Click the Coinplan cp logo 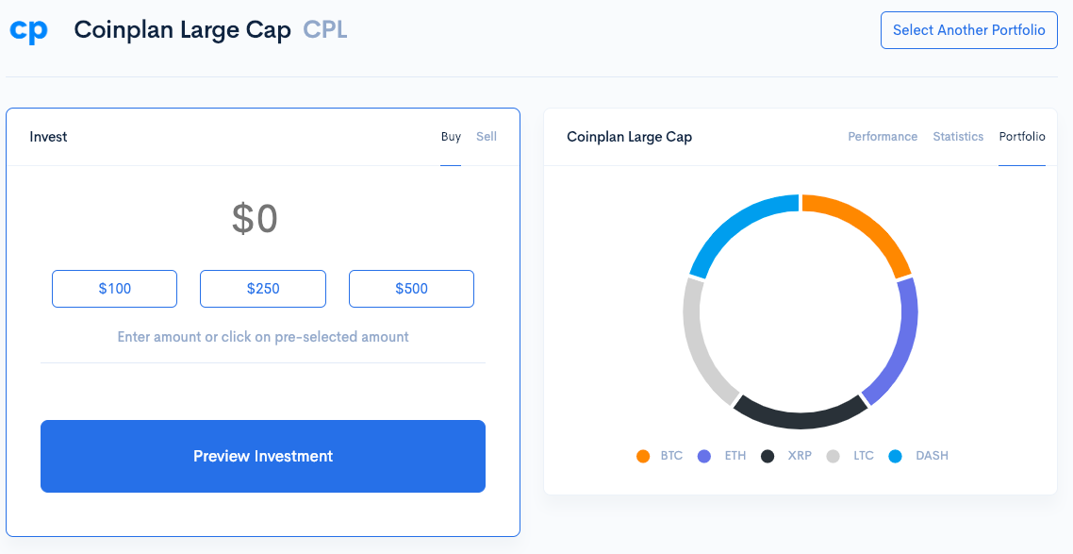(x=28, y=30)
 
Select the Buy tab (x=451, y=137)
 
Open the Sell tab (x=487, y=137)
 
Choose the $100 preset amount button (x=114, y=289)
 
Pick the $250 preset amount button (x=263, y=289)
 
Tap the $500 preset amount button (x=411, y=289)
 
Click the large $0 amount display (x=255, y=219)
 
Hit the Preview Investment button (x=263, y=456)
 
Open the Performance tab (x=883, y=137)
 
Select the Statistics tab (x=958, y=137)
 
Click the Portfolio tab (x=1022, y=137)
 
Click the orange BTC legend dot (x=643, y=457)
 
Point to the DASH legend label (x=932, y=456)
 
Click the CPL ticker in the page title (x=325, y=30)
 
